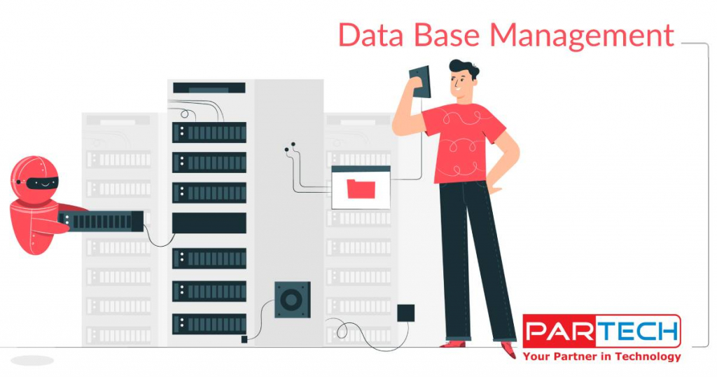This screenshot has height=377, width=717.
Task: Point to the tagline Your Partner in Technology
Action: click(x=601, y=357)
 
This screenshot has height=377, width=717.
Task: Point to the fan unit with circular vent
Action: click(x=292, y=301)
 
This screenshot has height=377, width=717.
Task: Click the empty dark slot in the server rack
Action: click(x=209, y=223)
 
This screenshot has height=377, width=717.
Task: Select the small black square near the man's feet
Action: click(x=405, y=313)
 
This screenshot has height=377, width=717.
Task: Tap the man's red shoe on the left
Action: click(x=452, y=343)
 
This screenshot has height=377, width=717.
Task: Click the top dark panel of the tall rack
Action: click(x=209, y=88)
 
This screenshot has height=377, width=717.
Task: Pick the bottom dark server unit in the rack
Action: click(x=209, y=323)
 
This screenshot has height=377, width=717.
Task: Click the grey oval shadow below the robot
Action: click(x=32, y=360)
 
